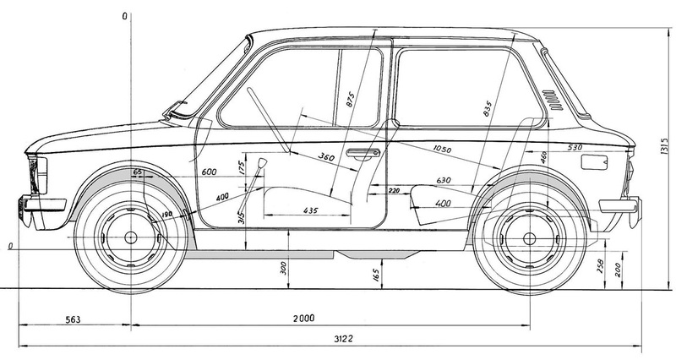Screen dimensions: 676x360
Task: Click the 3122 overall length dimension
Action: tap(343, 339)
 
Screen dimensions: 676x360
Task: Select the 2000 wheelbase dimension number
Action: tap(304, 319)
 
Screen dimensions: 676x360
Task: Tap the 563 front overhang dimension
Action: tap(73, 320)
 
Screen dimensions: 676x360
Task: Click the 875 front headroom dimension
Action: tap(350, 100)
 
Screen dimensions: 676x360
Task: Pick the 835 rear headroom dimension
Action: tap(488, 109)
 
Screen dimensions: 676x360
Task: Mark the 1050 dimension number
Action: tap(442, 150)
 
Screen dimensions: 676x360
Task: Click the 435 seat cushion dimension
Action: tap(310, 210)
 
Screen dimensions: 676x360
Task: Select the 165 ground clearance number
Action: tap(375, 275)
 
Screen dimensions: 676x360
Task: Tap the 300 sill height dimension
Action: tap(283, 268)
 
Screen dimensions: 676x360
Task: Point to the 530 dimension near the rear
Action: tap(575, 147)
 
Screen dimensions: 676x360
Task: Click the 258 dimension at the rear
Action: tap(600, 266)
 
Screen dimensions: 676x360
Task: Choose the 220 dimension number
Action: tap(394, 190)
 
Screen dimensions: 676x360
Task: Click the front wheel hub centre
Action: tap(130, 237)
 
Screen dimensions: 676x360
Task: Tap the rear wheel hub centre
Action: tap(530, 238)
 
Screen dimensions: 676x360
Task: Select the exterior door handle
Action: tap(363, 153)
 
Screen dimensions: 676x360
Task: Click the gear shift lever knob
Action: tap(262, 163)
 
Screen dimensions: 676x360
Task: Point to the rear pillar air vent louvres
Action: tap(553, 101)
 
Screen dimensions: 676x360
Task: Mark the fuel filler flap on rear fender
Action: tap(594, 162)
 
